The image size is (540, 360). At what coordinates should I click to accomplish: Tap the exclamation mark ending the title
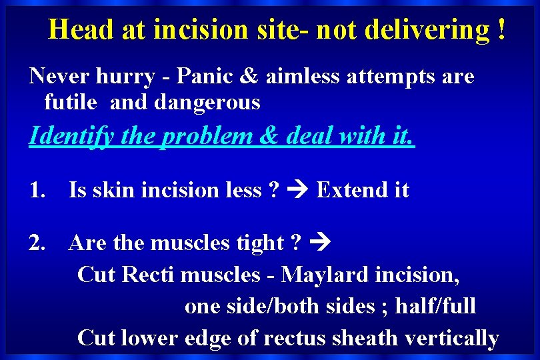pos(501,30)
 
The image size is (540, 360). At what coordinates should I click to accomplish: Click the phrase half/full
pos(435,306)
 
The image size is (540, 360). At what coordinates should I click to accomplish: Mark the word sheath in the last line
pos(358,338)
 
